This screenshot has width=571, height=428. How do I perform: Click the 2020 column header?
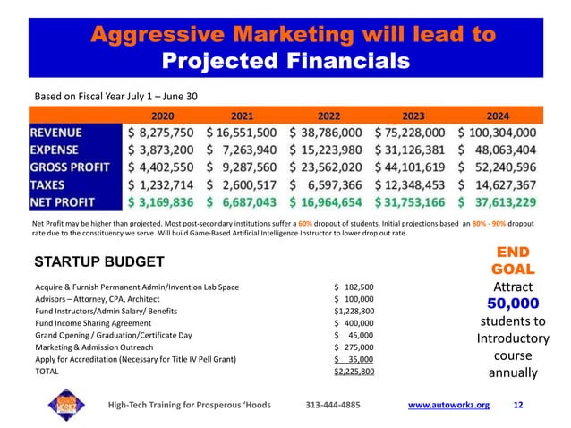click(x=163, y=116)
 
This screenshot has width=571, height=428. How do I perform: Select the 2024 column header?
click(x=498, y=116)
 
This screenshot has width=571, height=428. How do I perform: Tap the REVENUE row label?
click(x=65, y=133)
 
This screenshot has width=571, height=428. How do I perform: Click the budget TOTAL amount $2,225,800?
click(x=354, y=370)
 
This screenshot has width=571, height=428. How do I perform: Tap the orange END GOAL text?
click(x=513, y=260)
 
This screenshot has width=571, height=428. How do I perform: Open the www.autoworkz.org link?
click(x=448, y=405)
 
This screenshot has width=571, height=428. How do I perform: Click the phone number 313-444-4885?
click(x=333, y=405)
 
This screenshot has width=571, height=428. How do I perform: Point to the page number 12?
click(x=518, y=405)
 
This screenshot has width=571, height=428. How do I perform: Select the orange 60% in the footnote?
click(x=305, y=220)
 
